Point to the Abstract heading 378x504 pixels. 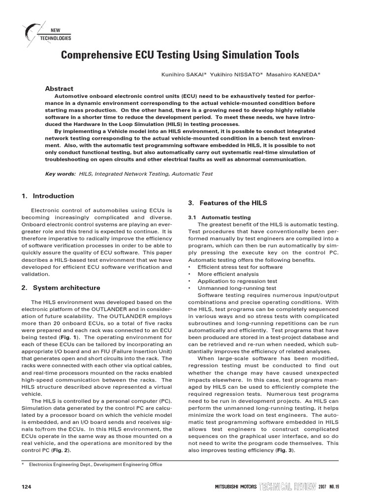(x=59, y=89)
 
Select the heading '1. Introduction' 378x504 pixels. (x=48, y=195)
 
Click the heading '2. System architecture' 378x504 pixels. (x=61, y=287)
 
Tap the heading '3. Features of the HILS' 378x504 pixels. (x=226, y=203)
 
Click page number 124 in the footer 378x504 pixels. (x=27, y=487)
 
